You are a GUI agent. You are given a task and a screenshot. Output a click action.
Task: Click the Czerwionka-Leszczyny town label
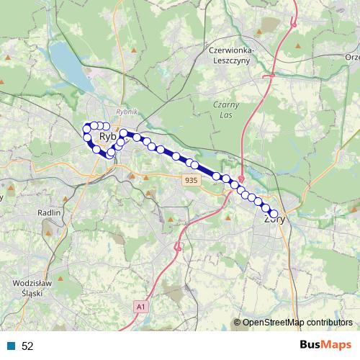230,56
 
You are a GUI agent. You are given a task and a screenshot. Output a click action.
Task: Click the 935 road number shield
191,180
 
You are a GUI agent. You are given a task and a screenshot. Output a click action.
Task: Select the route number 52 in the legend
27,346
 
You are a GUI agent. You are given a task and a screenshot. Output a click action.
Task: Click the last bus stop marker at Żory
274,213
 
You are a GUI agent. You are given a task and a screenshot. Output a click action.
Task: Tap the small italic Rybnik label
126,113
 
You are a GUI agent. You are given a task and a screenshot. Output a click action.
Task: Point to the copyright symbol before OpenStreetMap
238,322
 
